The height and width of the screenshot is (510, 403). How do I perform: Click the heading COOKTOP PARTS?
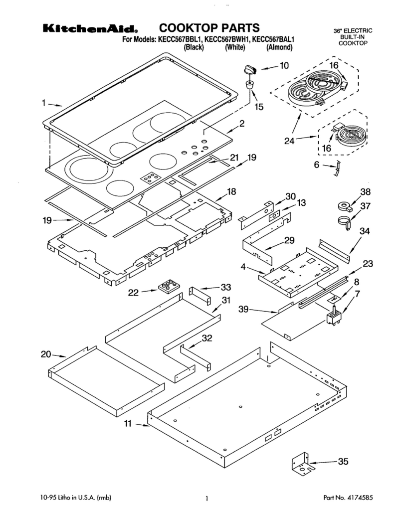coord(209,27)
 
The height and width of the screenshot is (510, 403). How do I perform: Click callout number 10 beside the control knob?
coord(283,65)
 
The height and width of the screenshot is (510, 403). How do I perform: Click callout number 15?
coord(258,106)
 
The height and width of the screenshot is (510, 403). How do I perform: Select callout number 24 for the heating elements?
coord(289,141)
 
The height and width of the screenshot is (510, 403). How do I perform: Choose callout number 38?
coord(366,191)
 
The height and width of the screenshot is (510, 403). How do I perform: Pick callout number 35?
coord(343,462)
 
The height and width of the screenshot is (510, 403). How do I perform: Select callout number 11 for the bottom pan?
coord(129,424)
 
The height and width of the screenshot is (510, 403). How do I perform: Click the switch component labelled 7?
coord(333,318)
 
